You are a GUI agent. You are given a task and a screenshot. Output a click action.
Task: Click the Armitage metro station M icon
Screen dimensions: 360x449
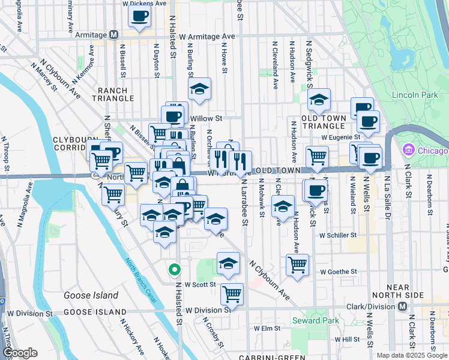pyautogui.click(x=113, y=35)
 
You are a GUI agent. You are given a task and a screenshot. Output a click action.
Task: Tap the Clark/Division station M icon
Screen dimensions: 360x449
pyautogui.click(x=403, y=306)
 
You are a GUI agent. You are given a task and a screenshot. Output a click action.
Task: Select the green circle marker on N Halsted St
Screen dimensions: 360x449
pyautogui.click(x=174, y=270)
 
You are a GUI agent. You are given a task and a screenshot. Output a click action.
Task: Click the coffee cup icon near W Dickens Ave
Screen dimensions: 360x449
pyautogui.click(x=140, y=16)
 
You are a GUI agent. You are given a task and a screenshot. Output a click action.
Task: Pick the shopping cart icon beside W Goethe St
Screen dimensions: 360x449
pyautogui.click(x=297, y=264)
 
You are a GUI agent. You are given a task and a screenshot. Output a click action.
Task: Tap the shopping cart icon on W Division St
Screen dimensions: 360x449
pyautogui.click(x=232, y=294)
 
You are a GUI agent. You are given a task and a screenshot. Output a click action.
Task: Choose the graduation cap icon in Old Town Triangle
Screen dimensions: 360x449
pyautogui.click(x=319, y=99)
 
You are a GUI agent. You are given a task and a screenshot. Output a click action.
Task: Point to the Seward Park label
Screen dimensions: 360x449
pyautogui.click(x=315, y=320)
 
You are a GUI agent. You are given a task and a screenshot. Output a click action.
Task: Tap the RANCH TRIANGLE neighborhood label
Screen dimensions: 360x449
pyautogui.click(x=113, y=94)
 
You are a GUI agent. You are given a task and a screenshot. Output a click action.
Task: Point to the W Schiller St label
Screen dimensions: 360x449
pyautogui.click(x=338, y=236)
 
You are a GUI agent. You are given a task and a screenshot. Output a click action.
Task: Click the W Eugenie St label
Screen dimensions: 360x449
pyautogui.click(x=340, y=137)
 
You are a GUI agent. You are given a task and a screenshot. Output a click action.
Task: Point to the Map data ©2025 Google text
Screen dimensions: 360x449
pyautogui.click(x=412, y=355)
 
